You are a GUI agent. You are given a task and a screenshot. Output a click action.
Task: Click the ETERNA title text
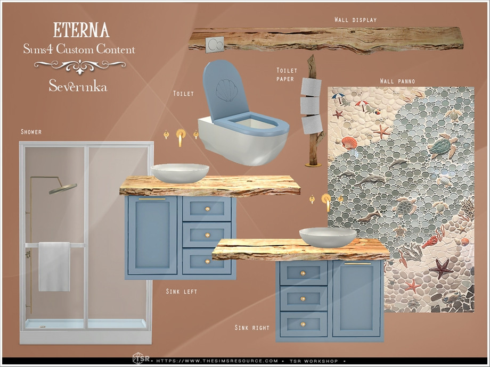81,30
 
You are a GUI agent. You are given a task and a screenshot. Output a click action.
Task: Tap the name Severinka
78,86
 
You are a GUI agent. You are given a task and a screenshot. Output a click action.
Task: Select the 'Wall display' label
356,20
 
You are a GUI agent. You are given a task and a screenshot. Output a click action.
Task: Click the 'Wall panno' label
397,81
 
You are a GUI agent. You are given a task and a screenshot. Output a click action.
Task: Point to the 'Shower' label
31,132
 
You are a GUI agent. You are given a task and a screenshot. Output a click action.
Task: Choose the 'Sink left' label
182,291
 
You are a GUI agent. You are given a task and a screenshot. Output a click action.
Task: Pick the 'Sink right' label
252,328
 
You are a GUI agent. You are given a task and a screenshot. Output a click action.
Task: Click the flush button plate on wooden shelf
215,44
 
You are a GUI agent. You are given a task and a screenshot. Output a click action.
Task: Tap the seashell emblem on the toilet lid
227,90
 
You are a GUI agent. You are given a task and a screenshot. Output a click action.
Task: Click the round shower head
63,188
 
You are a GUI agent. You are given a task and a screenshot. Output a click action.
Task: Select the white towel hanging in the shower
54,267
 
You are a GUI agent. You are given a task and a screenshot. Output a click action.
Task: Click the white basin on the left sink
180,173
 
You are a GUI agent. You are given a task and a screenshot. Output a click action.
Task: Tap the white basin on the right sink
328,237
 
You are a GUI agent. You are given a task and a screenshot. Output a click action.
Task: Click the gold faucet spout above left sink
181,137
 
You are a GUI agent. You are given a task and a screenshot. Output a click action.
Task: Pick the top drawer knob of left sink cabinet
207,209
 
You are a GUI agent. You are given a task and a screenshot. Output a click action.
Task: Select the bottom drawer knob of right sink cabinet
303,324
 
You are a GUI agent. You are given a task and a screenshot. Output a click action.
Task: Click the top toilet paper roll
311,87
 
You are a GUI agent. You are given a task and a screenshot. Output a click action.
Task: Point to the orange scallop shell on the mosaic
349,143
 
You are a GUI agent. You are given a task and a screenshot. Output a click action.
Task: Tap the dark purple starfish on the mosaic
441,268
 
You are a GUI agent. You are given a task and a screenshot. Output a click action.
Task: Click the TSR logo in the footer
141,358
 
